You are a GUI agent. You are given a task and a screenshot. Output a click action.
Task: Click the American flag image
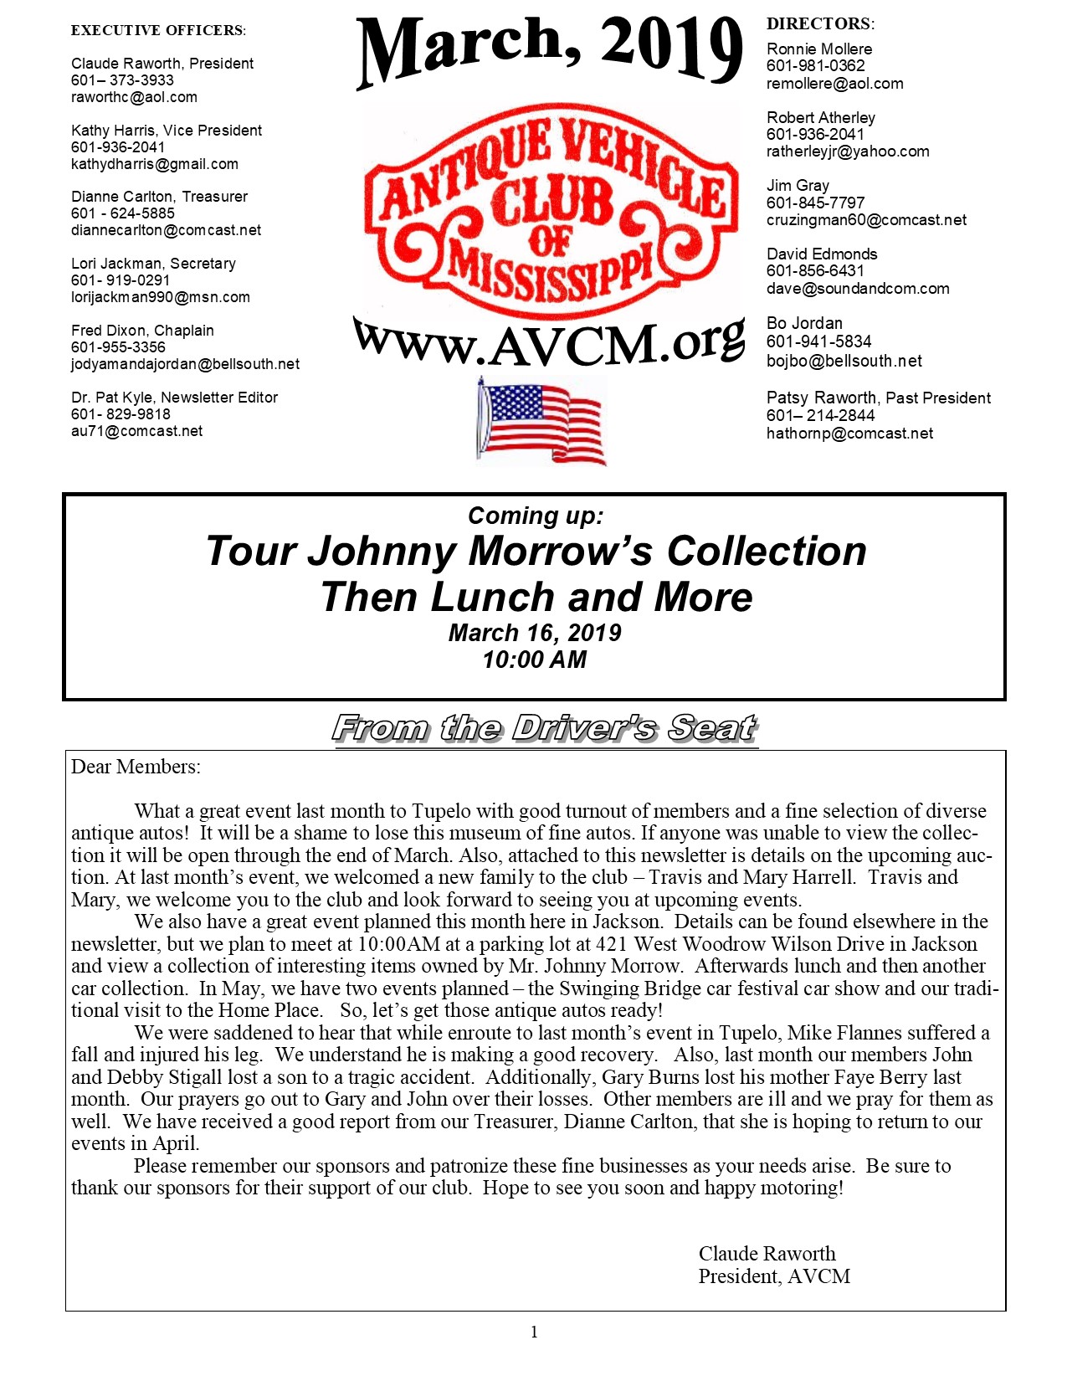click(x=541, y=420)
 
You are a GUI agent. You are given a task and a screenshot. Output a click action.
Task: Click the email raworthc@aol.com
click(x=134, y=97)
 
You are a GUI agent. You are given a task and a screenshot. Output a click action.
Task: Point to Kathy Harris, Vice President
click(x=167, y=131)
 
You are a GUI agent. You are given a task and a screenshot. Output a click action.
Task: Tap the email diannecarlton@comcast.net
click(x=166, y=230)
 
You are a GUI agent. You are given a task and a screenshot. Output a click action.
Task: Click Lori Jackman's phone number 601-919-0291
click(x=121, y=280)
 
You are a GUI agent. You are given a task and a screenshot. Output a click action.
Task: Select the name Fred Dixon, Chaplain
click(x=142, y=331)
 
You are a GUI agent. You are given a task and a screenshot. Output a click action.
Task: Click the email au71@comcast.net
click(x=136, y=431)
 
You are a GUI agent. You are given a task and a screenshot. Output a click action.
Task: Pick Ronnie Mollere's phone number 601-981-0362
click(x=815, y=66)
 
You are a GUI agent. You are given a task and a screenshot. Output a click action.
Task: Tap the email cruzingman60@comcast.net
click(x=866, y=220)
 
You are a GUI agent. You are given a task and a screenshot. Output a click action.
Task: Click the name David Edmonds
click(x=822, y=254)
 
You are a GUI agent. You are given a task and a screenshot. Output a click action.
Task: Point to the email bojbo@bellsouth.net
click(x=844, y=361)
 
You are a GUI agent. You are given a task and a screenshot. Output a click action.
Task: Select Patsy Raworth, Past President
click(x=878, y=398)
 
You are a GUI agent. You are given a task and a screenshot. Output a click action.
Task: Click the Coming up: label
click(x=535, y=516)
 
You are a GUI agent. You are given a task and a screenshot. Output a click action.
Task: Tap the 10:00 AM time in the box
click(x=534, y=660)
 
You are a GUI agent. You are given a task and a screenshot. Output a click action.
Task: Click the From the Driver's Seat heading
click(x=545, y=729)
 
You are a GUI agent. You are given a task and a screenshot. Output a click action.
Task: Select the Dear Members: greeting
click(x=136, y=767)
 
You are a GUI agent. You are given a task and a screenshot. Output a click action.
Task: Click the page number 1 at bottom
click(x=534, y=1332)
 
